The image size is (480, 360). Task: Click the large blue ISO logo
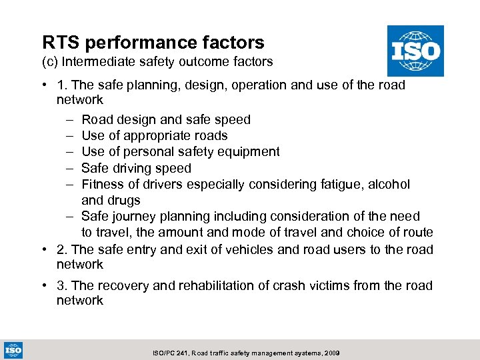tap(415, 51)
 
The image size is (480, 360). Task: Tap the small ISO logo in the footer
tap(13, 349)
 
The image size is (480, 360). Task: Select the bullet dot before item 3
tap(43, 286)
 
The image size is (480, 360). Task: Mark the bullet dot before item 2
tap(43, 250)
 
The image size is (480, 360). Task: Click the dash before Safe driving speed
tap(70, 168)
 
